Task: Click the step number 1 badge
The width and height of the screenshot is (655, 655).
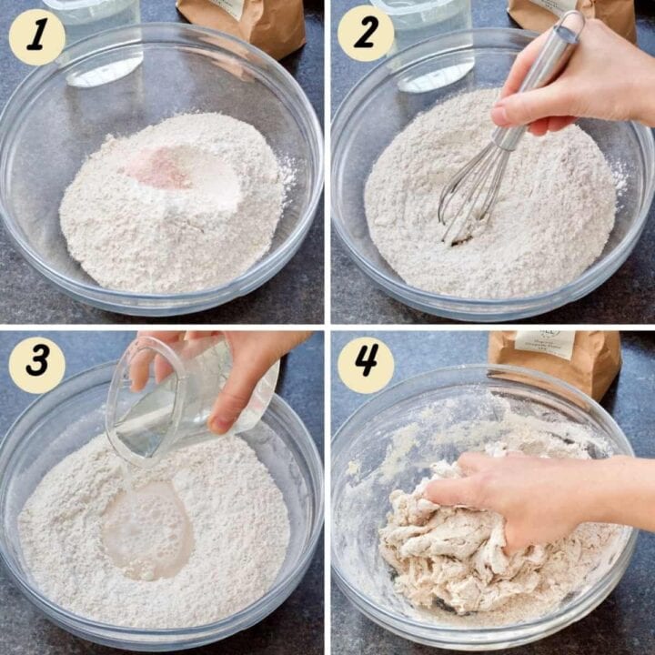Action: (x=36, y=36)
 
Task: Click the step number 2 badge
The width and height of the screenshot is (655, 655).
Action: (x=366, y=33)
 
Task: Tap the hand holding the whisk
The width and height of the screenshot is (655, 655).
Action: (x=582, y=77)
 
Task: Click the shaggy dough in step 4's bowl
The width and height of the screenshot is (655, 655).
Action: (x=455, y=555)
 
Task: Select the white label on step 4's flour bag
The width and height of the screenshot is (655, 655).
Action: (x=546, y=344)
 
